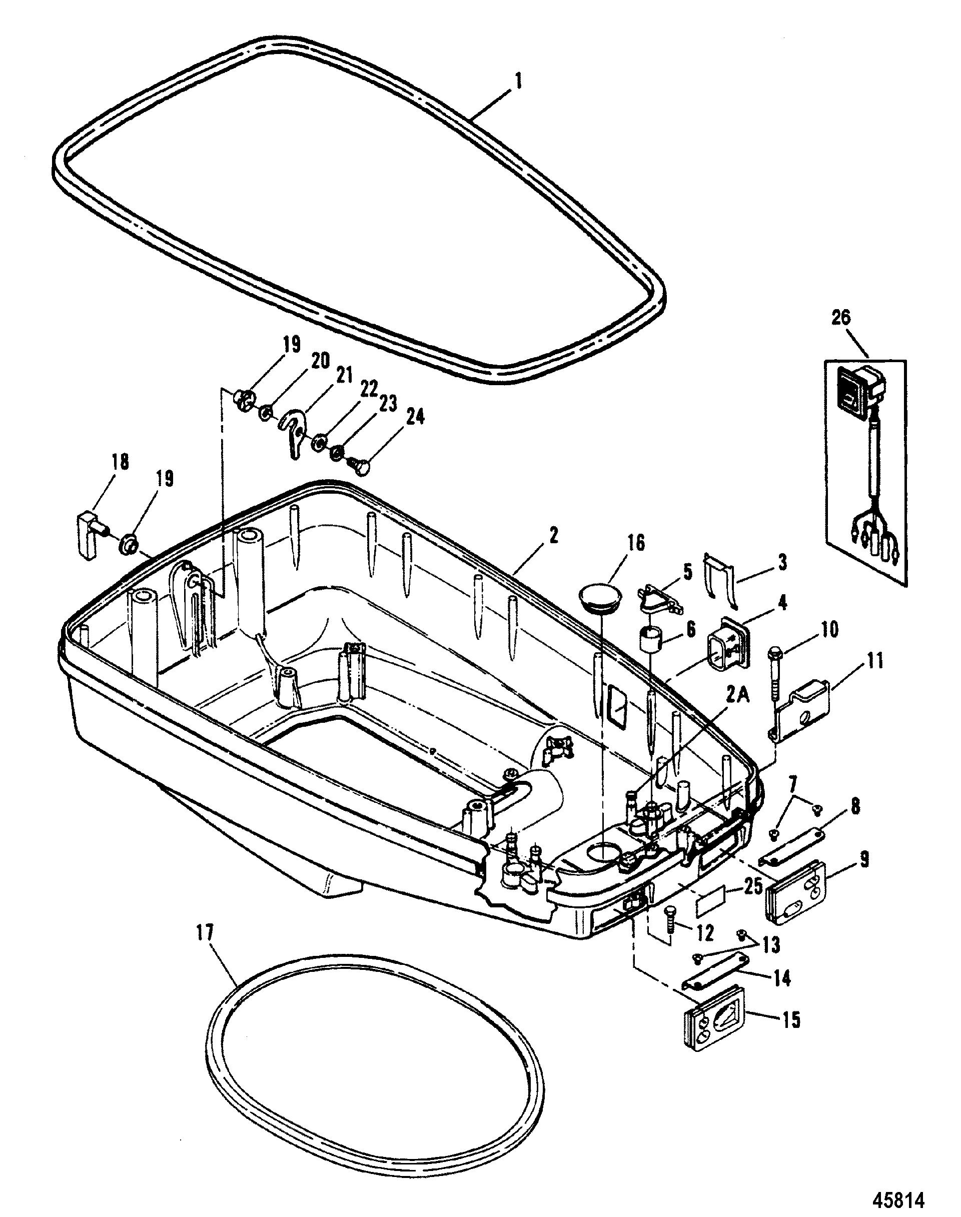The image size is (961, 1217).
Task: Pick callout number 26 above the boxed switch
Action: click(842, 319)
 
